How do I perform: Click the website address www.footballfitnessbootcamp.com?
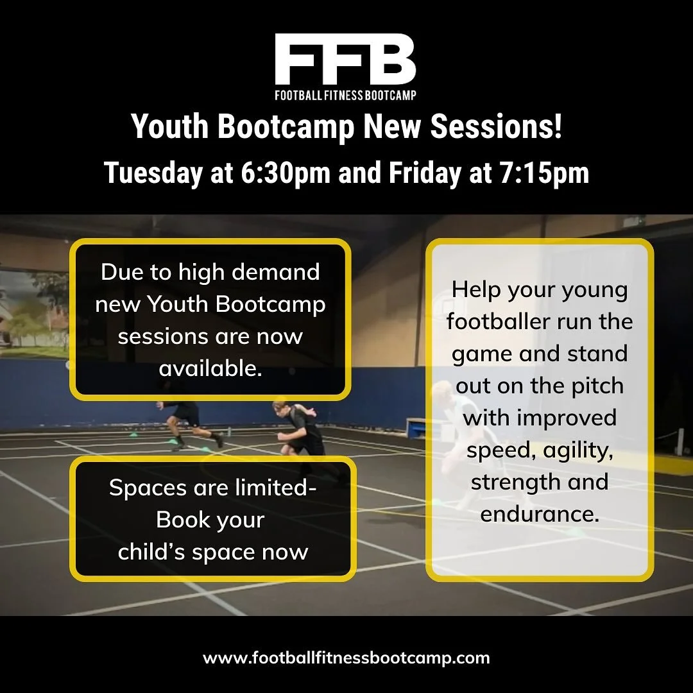[346, 658]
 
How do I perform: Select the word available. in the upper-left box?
[210, 368]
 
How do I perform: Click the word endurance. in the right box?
[540, 513]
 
